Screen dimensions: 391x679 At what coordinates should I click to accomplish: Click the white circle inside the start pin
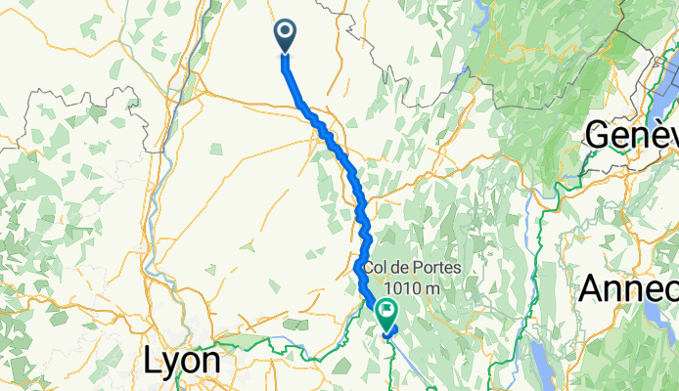(x=286, y=32)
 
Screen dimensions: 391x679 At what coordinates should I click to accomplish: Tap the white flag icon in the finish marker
(x=386, y=314)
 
